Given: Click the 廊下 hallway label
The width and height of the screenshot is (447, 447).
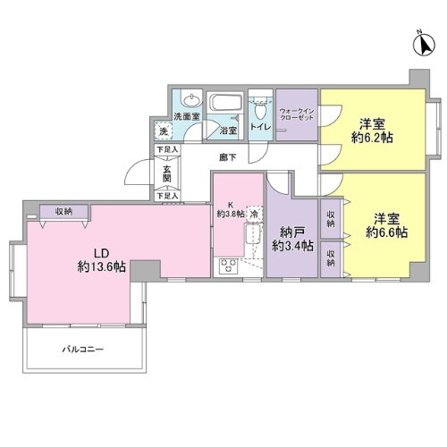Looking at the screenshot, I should tap(228, 157).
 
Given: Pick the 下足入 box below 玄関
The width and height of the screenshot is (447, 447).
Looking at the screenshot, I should tap(166, 195).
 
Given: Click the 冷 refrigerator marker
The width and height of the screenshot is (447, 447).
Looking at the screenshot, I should tap(254, 215).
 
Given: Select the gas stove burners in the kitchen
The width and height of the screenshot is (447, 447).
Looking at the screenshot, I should tap(227, 266).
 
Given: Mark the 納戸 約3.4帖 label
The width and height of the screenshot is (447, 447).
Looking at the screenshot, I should tap(293, 237).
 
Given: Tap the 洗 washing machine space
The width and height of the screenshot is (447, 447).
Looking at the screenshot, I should tap(163, 131).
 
